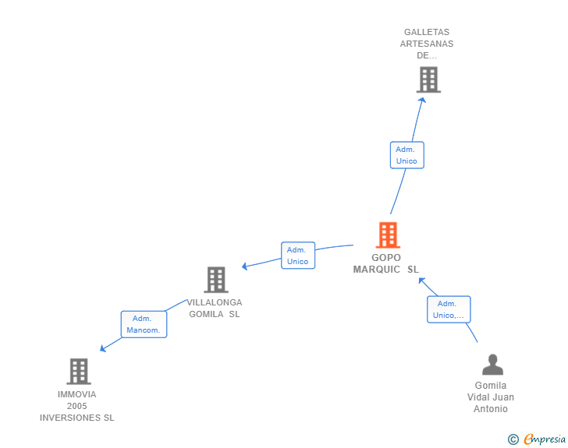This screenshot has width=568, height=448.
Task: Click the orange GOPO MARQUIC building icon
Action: point(387,235)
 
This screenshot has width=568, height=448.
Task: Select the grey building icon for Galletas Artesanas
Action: point(428,79)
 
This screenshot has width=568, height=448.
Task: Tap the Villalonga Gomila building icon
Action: point(215,279)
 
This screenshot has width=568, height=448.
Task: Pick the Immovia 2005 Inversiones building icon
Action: point(78,371)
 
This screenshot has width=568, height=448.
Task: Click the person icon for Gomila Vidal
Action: point(492,365)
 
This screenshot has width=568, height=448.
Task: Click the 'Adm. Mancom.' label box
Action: point(144,324)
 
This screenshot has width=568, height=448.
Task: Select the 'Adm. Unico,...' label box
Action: point(449,309)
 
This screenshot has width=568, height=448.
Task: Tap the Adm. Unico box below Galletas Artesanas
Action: point(406,155)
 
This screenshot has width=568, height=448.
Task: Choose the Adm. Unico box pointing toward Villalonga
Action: point(297,256)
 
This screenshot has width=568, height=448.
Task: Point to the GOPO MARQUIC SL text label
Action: point(386,263)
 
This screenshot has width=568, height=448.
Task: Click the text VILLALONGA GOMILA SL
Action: point(215,308)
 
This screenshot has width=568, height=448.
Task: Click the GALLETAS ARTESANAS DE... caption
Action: point(427,44)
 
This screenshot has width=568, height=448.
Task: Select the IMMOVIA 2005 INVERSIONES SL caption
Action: point(77,406)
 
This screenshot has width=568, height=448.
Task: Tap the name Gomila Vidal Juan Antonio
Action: point(491,397)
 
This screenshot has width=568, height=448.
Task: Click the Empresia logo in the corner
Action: point(544,439)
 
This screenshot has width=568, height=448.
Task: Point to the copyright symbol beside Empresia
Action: point(513,439)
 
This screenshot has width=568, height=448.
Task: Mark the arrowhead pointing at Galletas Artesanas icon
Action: point(422,100)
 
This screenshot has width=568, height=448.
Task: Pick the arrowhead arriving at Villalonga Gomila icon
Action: point(245,266)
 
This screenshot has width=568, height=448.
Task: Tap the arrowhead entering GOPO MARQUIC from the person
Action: point(421,280)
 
